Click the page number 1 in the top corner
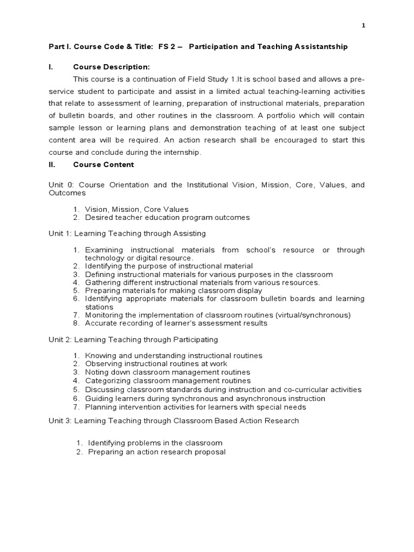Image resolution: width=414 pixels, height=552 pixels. [x=363, y=26]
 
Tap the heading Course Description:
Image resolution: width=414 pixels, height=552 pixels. [x=111, y=67]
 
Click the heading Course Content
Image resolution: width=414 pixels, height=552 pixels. [x=103, y=164]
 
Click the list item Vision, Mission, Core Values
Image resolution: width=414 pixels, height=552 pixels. [x=137, y=209]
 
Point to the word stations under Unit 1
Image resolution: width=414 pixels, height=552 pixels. [x=99, y=307]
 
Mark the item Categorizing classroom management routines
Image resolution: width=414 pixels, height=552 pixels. [x=168, y=381]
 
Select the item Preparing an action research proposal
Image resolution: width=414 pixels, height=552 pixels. [x=157, y=452]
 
